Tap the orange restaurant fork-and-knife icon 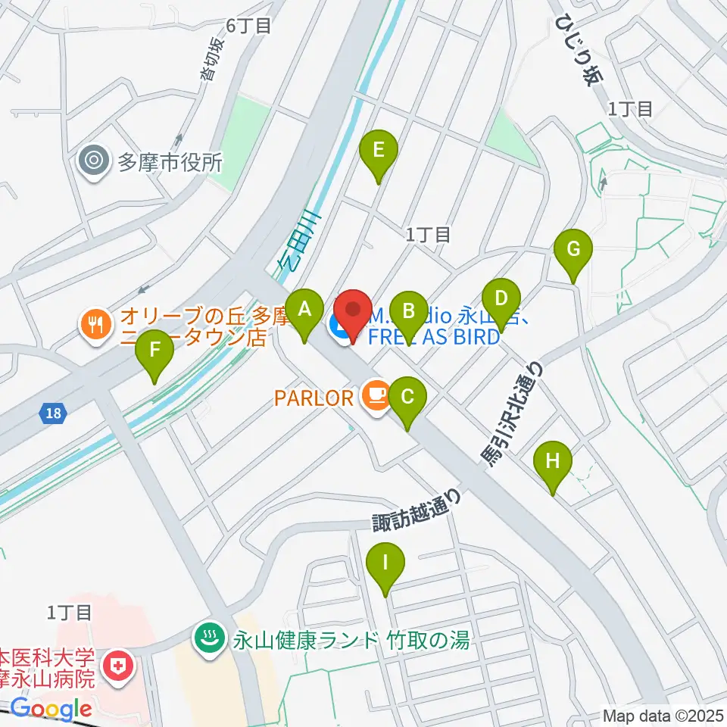95,326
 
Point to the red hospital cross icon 118,667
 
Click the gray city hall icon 95,161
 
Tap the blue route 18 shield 52,413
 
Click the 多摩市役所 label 170,161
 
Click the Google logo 51,708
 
